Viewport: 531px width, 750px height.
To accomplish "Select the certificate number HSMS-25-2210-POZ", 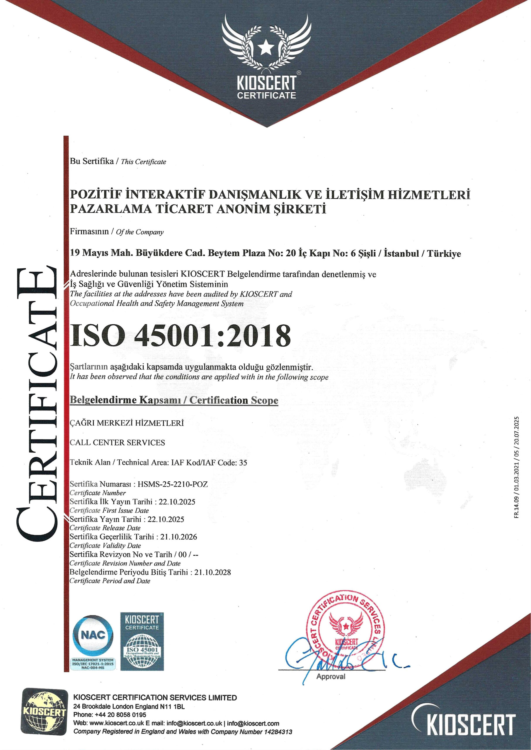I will (173, 484).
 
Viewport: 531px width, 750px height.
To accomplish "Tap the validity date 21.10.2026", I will (179, 537).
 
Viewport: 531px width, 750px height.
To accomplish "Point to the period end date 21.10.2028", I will (212, 572).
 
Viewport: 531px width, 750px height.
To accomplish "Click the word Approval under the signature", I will (331, 676).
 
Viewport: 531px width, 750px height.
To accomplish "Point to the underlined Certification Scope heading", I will (174, 401).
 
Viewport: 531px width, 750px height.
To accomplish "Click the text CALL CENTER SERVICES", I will (118, 442).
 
